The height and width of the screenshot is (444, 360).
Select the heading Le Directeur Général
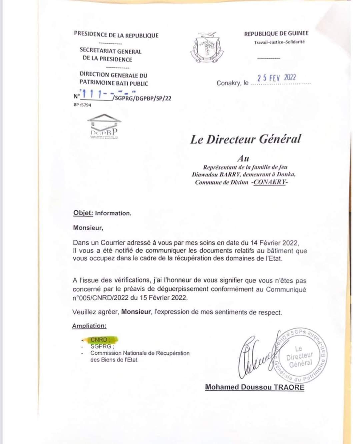click(246, 139)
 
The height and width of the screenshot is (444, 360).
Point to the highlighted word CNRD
click(99, 340)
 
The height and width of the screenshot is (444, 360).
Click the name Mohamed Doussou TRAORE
click(255, 387)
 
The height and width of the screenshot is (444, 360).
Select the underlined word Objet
click(83, 213)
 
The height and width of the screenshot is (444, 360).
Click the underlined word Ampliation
click(89, 326)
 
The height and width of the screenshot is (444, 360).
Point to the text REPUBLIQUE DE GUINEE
click(276, 33)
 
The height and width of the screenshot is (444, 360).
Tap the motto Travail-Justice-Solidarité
click(279, 42)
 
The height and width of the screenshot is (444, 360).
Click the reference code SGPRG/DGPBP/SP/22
click(142, 98)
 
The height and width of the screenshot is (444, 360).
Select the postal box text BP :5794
click(82, 105)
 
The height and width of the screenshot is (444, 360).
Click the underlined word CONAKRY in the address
click(270, 182)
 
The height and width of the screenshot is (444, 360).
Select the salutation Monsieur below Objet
click(88, 228)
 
